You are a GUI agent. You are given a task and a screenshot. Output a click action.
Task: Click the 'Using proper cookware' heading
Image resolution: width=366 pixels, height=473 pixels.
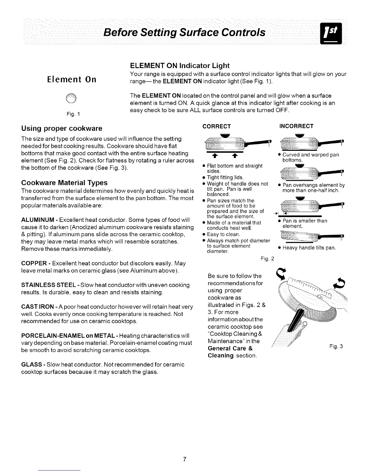coord(62,128)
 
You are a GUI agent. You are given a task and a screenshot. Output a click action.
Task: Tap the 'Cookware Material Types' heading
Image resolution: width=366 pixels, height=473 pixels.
coord(64,183)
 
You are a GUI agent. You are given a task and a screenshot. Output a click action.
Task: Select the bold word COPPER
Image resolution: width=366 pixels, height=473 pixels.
coord(33,263)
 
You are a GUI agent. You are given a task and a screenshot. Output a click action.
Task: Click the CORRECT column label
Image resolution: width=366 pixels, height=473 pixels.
coord(217,126)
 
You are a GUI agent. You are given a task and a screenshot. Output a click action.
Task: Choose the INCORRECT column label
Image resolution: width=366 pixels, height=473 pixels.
coord(296,126)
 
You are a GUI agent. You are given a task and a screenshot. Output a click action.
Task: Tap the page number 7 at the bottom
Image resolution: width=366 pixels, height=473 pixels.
coord(185,459)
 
